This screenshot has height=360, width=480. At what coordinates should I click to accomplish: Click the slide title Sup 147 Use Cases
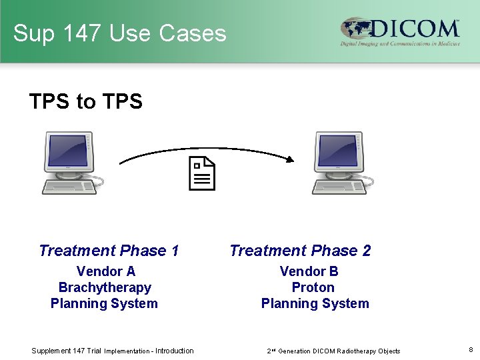(x=120, y=33)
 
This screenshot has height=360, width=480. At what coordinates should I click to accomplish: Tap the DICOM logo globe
(x=357, y=29)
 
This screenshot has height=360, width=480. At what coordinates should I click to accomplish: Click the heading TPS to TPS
(x=86, y=101)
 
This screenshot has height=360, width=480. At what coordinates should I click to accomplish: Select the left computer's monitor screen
(x=67, y=151)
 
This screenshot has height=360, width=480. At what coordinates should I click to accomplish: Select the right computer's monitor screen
(x=338, y=151)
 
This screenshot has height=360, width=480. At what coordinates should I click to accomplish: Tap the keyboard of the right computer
(x=339, y=187)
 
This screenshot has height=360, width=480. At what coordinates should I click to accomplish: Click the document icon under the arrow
(x=202, y=174)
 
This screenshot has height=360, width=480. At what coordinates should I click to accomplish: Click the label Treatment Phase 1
(x=109, y=251)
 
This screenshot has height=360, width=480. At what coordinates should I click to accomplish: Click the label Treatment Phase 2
(x=300, y=251)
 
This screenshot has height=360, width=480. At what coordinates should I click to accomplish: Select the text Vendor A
(x=105, y=271)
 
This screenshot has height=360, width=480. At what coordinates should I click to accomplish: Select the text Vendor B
(x=309, y=271)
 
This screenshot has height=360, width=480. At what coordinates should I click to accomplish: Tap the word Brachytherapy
(x=105, y=287)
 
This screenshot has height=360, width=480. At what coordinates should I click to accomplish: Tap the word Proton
(x=313, y=287)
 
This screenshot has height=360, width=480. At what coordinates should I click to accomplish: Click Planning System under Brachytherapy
(x=104, y=303)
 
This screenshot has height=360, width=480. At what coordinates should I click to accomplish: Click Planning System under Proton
(x=315, y=303)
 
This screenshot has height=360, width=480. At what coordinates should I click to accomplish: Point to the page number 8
(x=470, y=349)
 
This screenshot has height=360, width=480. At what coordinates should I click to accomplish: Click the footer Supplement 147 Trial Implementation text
(x=113, y=351)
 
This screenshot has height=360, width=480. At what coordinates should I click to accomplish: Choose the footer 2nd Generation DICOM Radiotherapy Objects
(x=333, y=351)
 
